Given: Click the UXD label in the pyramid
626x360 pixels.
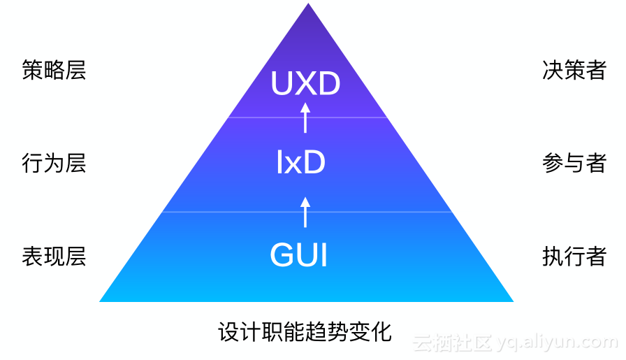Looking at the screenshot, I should click(x=305, y=85).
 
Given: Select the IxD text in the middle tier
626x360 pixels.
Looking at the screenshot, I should click(x=301, y=164).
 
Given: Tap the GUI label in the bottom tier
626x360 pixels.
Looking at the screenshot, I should click(x=299, y=255).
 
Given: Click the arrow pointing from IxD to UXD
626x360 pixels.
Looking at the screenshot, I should click(x=305, y=117).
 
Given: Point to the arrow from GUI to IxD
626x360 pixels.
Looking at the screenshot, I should click(x=305, y=211).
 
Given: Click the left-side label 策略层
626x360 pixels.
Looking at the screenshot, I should click(x=54, y=71).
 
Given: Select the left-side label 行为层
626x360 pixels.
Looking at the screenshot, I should click(x=54, y=164).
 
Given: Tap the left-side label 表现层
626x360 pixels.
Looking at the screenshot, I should click(x=54, y=256).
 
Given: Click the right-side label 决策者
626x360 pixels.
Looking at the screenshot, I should click(x=574, y=71).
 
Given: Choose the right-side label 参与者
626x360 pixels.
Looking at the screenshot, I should click(x=574, y=164).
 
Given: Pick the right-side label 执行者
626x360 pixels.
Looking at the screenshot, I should click(x=574, y=256).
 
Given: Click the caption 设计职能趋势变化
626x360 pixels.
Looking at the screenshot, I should click(x=305, y=331).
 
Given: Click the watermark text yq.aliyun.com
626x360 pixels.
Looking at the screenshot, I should click(x=558, y=343).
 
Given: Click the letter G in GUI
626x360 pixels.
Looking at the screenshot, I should click(x=282, y=255).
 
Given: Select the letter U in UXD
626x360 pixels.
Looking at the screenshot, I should click(x=282, y=85).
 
